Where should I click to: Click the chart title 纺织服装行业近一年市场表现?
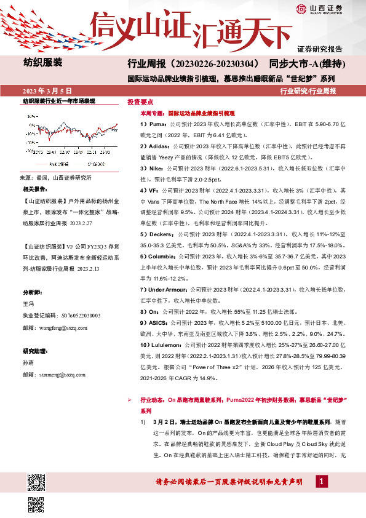(x=59, y=100)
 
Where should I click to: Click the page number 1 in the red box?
(x=321, y=480)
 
